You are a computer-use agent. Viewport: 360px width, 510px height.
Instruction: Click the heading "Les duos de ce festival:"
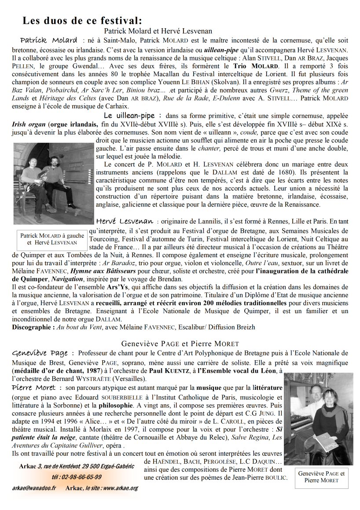coord(82,20)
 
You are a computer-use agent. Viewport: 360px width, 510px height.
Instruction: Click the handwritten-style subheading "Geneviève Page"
coord(40,353)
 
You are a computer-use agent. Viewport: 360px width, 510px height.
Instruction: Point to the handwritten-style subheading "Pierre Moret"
coord(34,388)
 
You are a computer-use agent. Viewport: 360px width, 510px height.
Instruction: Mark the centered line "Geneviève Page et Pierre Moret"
coord(180,343)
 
